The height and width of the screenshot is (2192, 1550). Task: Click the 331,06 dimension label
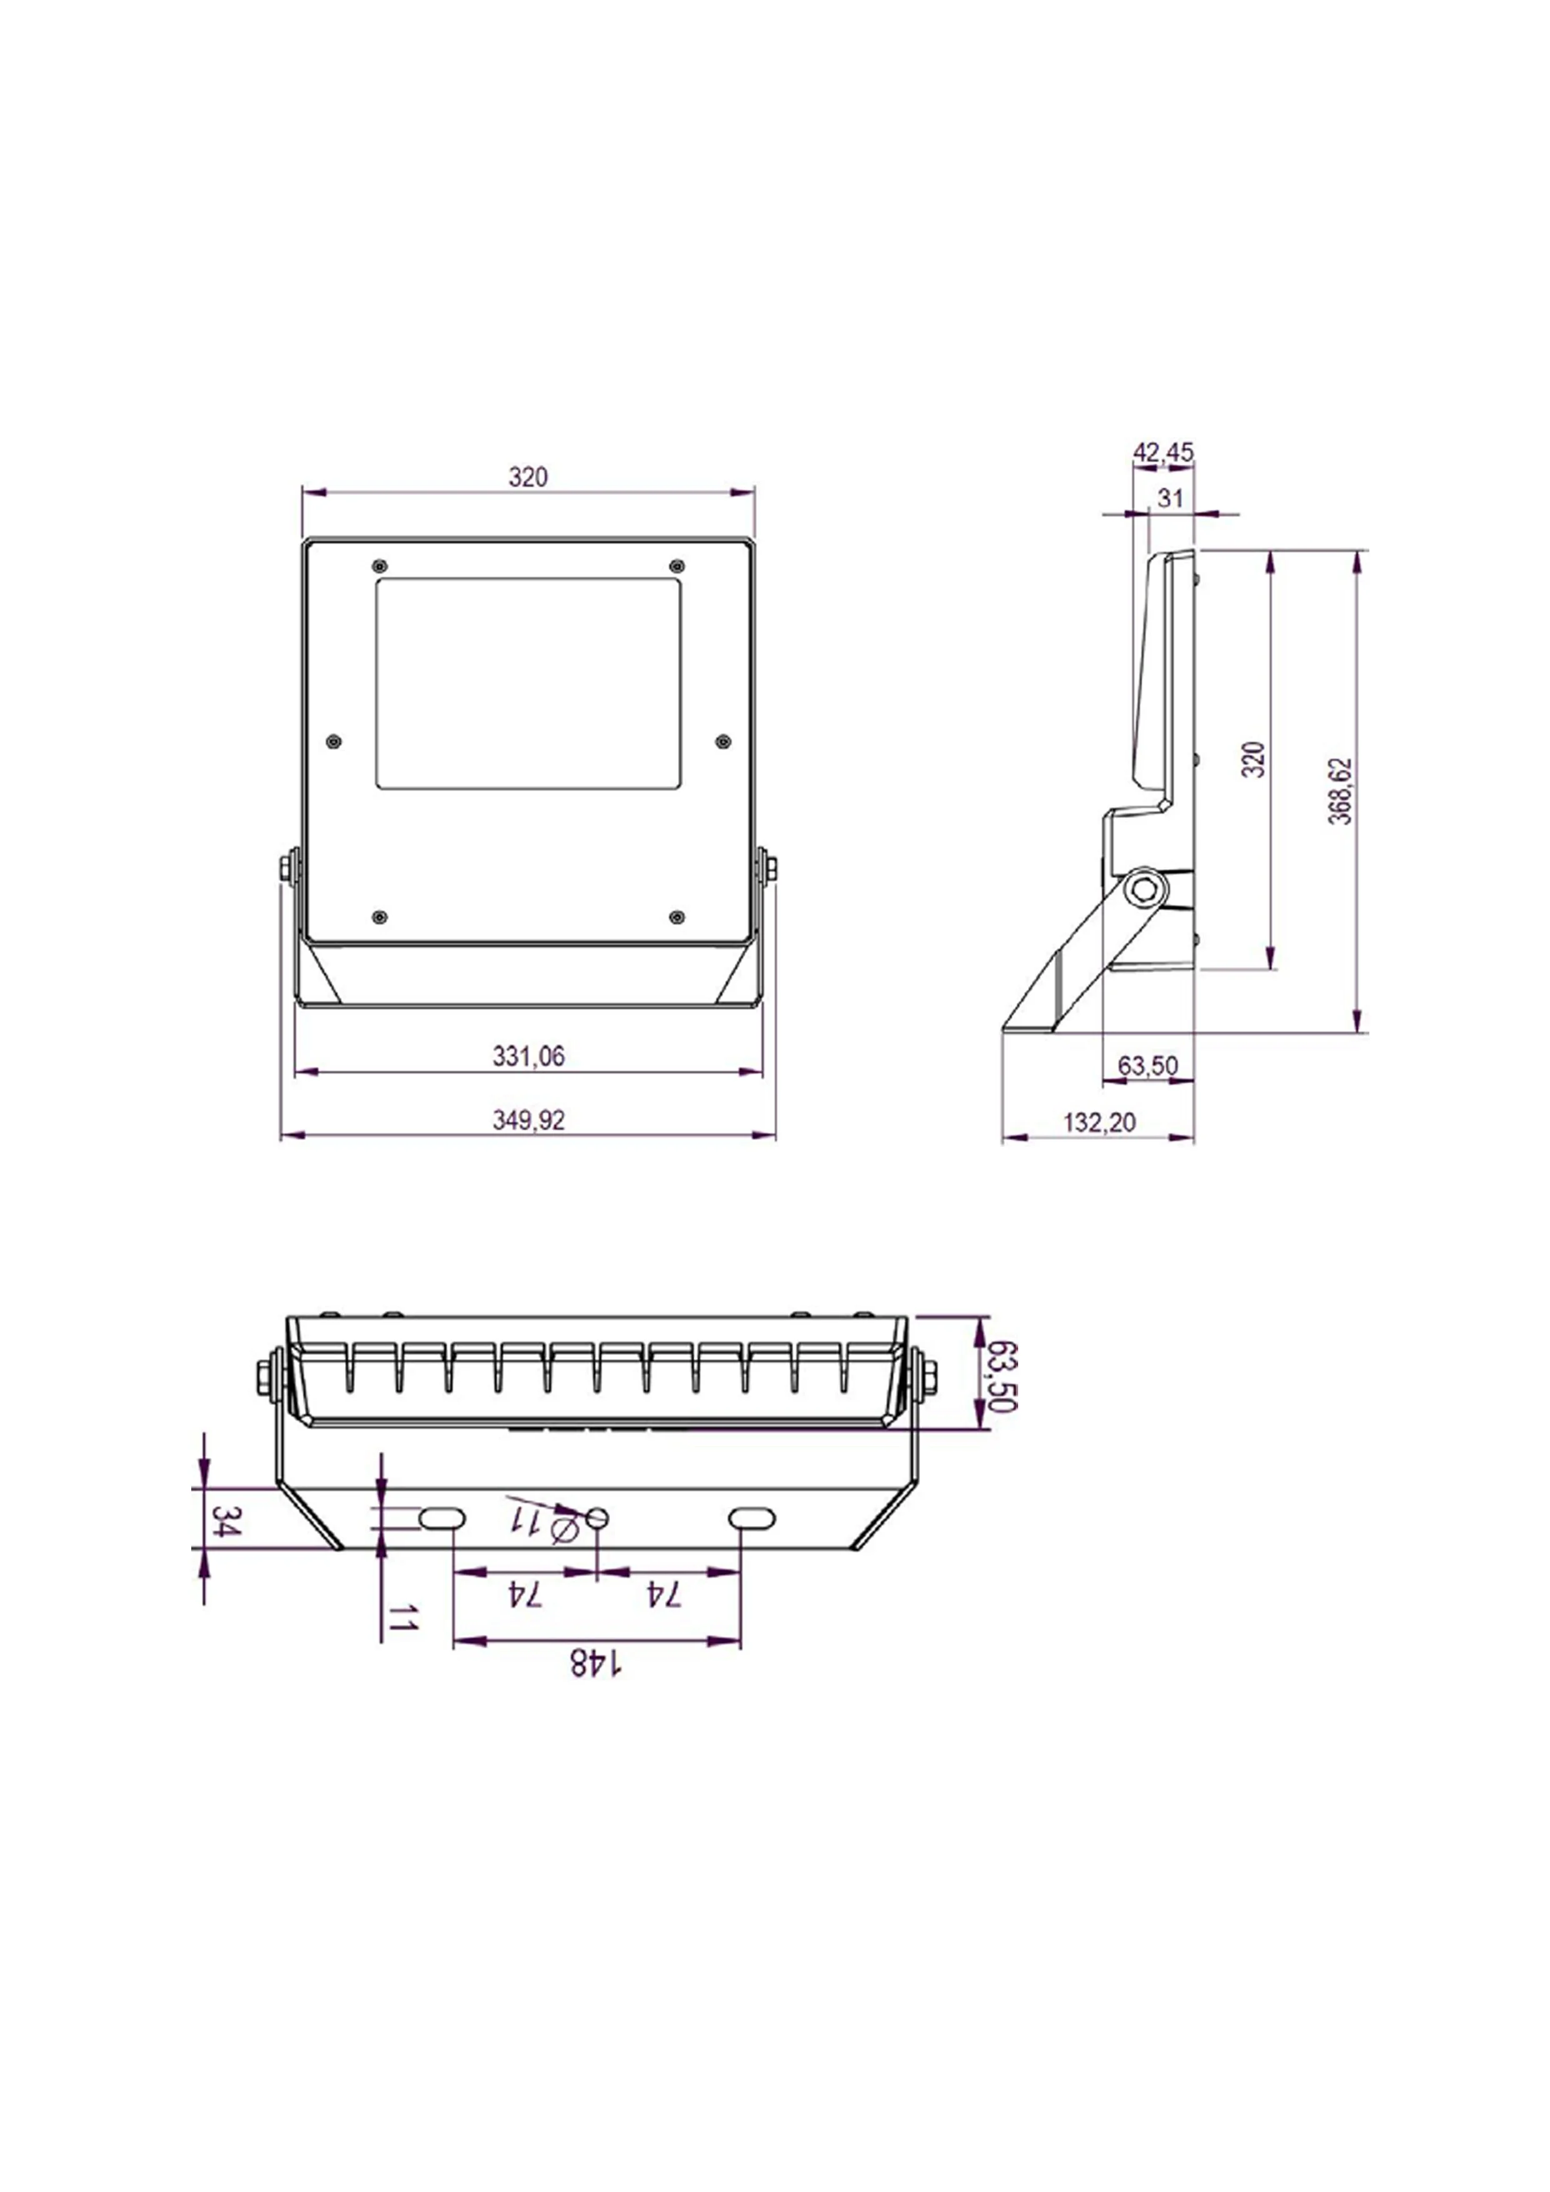pyautogui.click(x=528, y=1056)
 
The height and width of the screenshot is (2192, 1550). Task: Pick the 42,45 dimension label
pyautogui.click(x=1163, y=452)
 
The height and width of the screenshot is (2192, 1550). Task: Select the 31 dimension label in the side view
pyautogui.click(x=1170, y=497)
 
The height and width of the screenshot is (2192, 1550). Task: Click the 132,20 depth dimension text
pyautogui.click(x=1100, y=1122)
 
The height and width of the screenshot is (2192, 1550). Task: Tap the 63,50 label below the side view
pyautogui.click(x=1148, y=1065)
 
